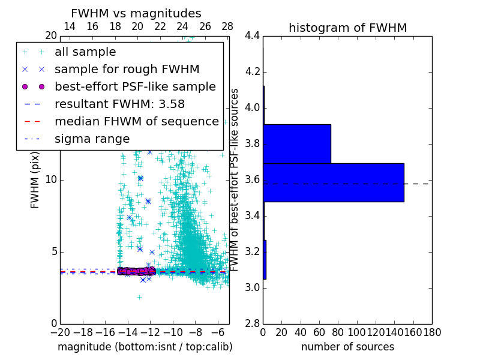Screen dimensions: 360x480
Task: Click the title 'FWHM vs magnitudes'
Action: (136, 13)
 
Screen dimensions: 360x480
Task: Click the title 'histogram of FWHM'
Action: (347, 28)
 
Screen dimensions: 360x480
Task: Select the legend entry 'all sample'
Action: (85, 52)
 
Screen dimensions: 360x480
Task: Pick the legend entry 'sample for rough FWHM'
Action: (127, 69)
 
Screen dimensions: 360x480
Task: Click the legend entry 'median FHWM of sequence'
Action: (136, 121)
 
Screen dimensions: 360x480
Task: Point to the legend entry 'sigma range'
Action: (92, 139)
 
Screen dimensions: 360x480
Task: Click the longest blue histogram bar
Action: (333, 182)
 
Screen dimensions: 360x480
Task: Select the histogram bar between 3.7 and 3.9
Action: (297, 143)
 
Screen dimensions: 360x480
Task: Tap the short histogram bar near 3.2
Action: (265, 260)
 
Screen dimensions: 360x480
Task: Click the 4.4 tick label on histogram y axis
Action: (252, 36)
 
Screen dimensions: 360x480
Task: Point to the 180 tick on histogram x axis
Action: (431, 332)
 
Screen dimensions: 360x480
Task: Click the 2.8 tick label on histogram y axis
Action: (252, 323)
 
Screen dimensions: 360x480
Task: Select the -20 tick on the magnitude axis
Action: (60, 332)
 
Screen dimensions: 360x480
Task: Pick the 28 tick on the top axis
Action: (227, 26)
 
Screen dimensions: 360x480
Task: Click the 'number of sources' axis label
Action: (347, 347)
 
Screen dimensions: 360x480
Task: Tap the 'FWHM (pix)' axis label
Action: (35, 179)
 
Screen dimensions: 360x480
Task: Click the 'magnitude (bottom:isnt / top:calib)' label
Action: (145, 347)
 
